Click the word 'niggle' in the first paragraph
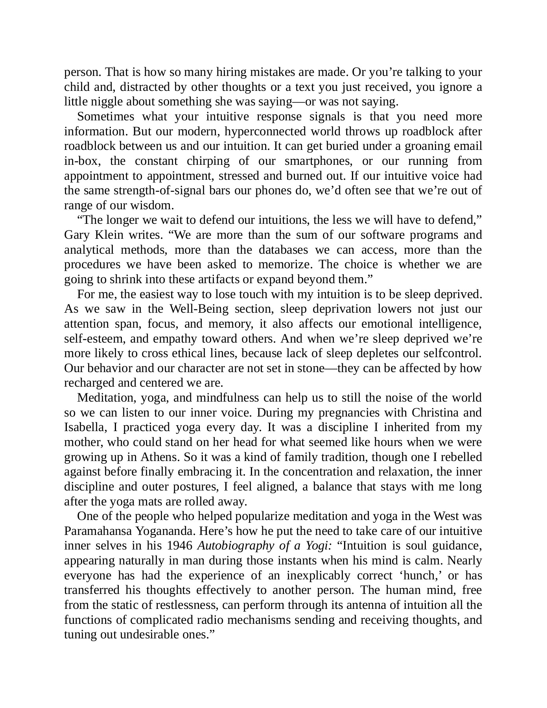pyautogui.click(x=107, y=101)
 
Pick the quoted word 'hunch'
pyautogui.click(x=424, y=575)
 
